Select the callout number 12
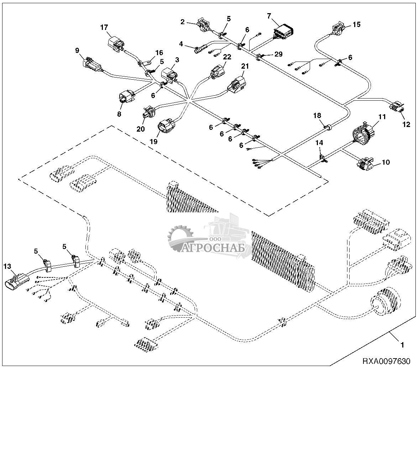(x=406, y=124)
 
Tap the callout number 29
(x=278, y=54)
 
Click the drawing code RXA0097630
(x=386, y=361)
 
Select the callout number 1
(x=402, y=345)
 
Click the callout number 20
(x=141, y=129)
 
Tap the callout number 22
(x=227, y=57)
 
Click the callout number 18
(x=317, y=115)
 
